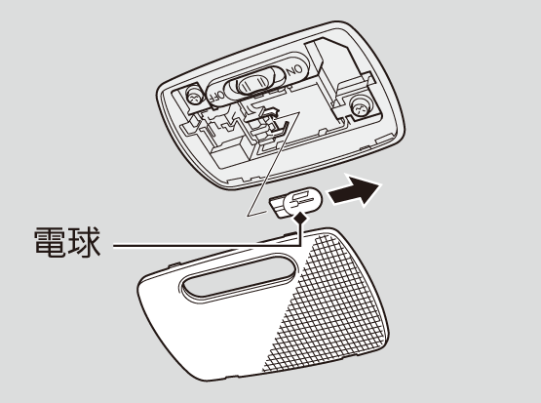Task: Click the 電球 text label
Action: pyautogui.click(x=67, y=242)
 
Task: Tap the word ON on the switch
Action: pyautogui.click(x=295, y=70)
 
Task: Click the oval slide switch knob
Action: pyautogui.click(x=252, y=84)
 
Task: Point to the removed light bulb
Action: pyautogui.click(x=296, y=202)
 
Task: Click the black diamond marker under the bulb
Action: pyautogui.click(x=300, y=218)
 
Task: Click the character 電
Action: pyautogui.click(x=50, y=242)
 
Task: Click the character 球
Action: pyautogui.click(x=85, y=242)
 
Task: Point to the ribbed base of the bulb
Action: pyautogui.click(x=278, y=206)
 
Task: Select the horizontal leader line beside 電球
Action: pyautogui.click(x=207, y=246)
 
